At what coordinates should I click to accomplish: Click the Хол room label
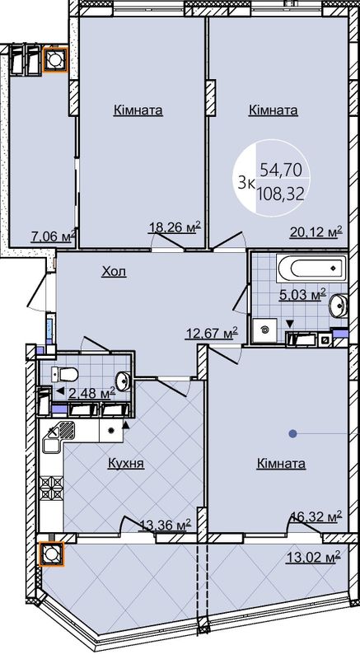[114, 272]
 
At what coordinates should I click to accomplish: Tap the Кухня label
[126, 463]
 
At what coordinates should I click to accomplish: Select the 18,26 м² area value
[175, 227]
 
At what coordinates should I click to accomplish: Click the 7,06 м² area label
[54, 236]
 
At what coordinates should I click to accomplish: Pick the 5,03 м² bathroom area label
[303, 294]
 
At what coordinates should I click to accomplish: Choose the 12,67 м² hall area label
[212, 334]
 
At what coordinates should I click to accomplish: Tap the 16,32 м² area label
[317, 516]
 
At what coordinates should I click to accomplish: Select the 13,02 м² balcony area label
[313, 558]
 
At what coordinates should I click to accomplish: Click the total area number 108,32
[281, 194]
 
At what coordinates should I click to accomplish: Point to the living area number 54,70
[281, 170]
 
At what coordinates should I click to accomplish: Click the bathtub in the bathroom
[311, 269]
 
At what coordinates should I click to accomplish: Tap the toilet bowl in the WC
[65, 374]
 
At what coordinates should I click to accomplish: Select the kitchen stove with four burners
[51, 488]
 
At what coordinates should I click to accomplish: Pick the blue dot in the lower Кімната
[292, 433]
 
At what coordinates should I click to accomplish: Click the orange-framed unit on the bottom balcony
[52, 554]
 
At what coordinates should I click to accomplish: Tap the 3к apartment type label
[245, 183]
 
